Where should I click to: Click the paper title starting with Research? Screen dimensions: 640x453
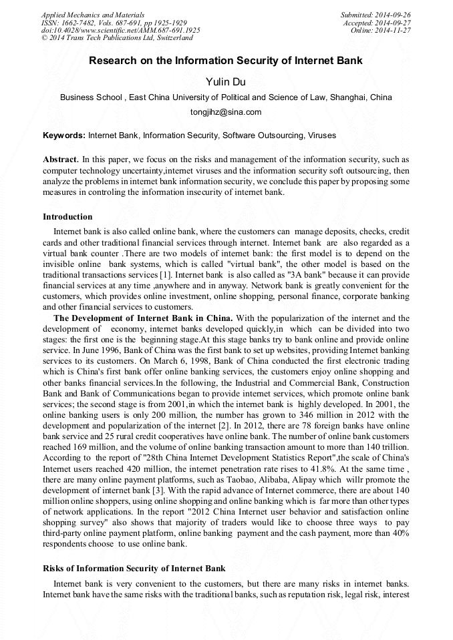226,61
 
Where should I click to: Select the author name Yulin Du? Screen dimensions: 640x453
226,81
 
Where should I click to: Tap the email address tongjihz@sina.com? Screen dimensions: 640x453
226,112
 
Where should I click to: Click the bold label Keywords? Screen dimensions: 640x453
64,135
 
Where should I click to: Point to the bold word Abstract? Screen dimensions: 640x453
60,159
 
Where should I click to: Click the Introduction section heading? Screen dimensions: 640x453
67,217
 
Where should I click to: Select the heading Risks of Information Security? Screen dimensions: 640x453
134,569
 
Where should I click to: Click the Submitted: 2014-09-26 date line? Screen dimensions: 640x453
375,15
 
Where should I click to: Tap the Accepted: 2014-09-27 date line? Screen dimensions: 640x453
377,23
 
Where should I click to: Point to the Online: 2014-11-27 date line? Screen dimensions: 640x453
380,31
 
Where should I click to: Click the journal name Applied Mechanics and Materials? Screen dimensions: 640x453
93,15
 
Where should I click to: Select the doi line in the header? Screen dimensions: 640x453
120,31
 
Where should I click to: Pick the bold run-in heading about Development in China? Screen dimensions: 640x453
143,318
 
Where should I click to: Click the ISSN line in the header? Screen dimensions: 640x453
114,23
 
